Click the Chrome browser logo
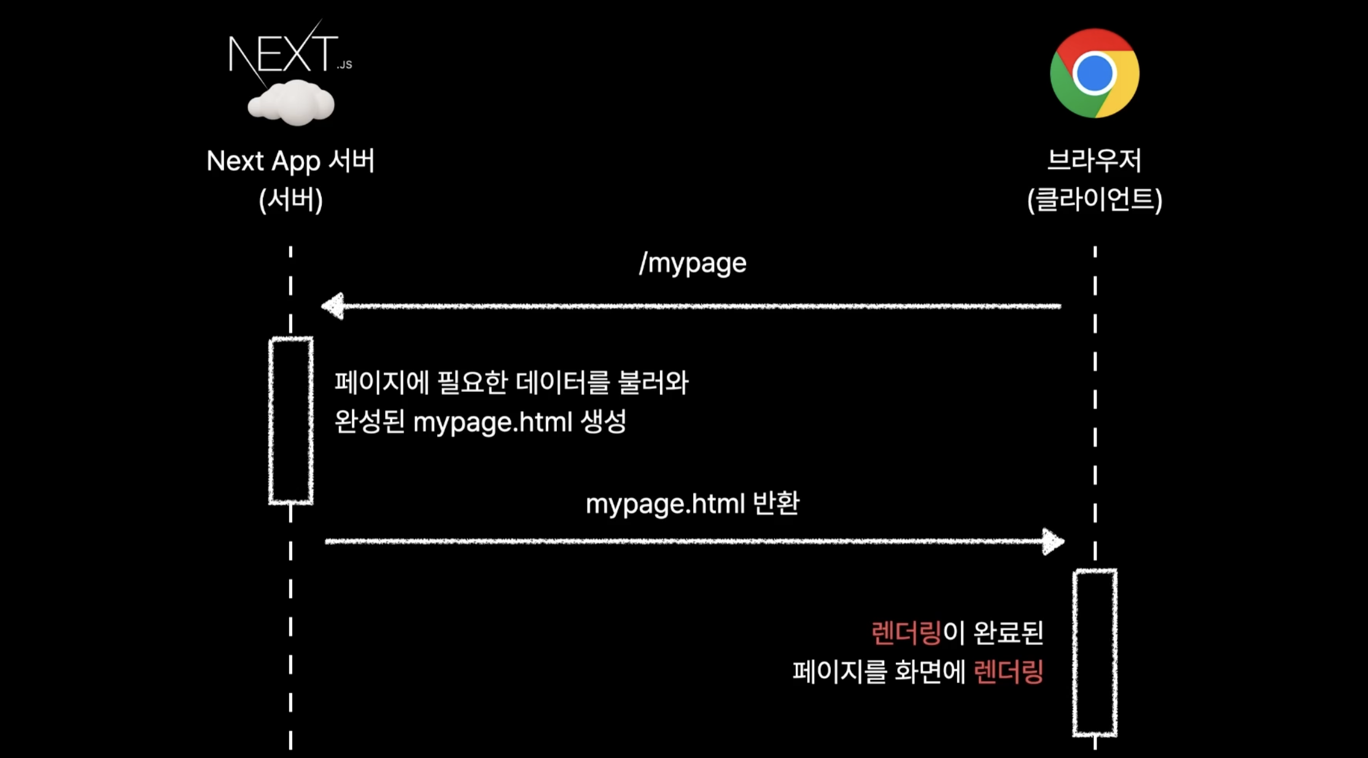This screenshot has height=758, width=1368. pyautogui.click(x=1094, y=73)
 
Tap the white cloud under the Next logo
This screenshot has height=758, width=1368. pyautogui.click(x=291, y=104)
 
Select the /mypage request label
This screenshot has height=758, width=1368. pyautogui.click(x=693, y=264)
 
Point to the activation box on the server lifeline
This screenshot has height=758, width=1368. pyautogui.click(x=291, y=421)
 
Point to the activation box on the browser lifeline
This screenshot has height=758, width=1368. pyautogui.click(x=1095, y=652)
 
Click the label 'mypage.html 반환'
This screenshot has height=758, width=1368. pyautogui.click(x=692, y=504)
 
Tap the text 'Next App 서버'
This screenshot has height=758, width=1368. pyautogui.click(x=290, y=161)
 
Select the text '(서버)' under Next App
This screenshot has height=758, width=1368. pyautogui.click(x=290, y=200)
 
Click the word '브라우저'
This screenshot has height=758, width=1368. pyautogui.click(x=1094, y=161)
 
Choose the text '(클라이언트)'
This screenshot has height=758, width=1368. pyautogui.click(x=1094, y=200)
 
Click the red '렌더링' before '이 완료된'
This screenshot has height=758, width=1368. pyautogui.click(x=906, y=633)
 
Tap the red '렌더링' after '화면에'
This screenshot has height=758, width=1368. pyautogui.click(x=1008, y=671)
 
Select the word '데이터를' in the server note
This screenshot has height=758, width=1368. pyautogui.click(x=562, y=383)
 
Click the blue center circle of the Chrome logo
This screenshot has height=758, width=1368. pyautogui.click(x=1094, y=74)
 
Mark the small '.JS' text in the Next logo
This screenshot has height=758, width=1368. pyautogui.click(x=344, y=64)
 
